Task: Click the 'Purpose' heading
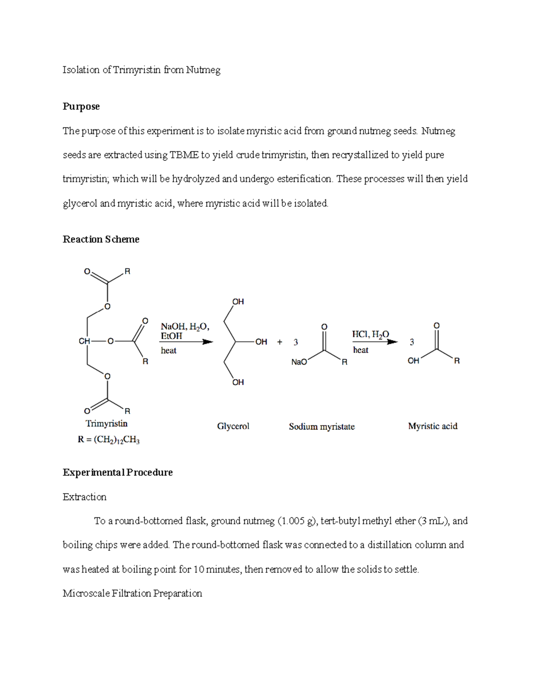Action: pos(81,107)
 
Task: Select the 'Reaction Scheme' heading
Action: pos(101,239)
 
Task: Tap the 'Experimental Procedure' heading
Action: pos(118,472)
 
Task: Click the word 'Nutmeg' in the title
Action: pos(203,70)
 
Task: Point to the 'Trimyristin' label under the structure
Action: pos(107,423)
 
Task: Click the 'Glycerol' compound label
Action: pos(233,426)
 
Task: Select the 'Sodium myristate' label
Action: pos(321,427)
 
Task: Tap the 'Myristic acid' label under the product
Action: pos(432,426)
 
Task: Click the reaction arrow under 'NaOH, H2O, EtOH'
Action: pos(186,342)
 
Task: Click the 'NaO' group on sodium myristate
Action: pos(299,362)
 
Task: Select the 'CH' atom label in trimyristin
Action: pos(84,341)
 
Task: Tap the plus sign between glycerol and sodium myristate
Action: pos(280,342)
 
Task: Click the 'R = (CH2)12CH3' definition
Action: pos(108,440)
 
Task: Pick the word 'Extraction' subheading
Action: pos(85,497)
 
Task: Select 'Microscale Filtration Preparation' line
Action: pos(132,593)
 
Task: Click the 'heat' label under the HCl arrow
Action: pos(361,350)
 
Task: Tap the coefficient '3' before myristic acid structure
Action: pos(412,342)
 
